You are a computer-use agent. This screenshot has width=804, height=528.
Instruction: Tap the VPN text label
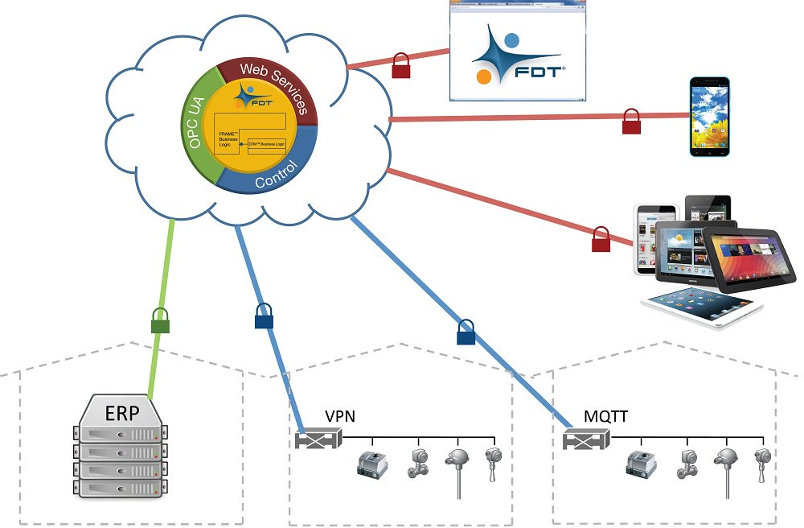340,416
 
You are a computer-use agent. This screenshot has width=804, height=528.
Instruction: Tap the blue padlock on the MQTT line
466,332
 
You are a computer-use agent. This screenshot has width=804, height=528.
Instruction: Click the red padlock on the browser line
401,66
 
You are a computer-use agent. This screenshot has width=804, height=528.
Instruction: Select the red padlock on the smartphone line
631,122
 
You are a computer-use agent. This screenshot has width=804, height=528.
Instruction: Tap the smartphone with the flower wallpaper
711,116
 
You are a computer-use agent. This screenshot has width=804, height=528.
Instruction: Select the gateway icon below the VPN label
318,439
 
